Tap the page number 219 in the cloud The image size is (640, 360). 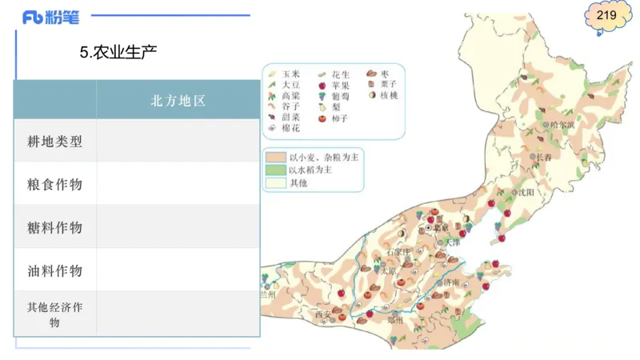(606, 16)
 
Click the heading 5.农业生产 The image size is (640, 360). (118, 54)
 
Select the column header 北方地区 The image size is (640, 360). (178, 101)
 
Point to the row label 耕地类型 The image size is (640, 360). (55, 142)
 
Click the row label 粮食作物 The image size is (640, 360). (55, 185)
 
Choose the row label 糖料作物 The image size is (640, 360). (55, 228)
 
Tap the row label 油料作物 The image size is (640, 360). (55, 270)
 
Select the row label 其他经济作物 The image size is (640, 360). (55, 314)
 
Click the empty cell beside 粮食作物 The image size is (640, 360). (178, 185)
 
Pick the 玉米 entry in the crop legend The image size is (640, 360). (285, 74)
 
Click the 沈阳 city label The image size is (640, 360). (524, 192)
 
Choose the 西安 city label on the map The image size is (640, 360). (322, 314)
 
